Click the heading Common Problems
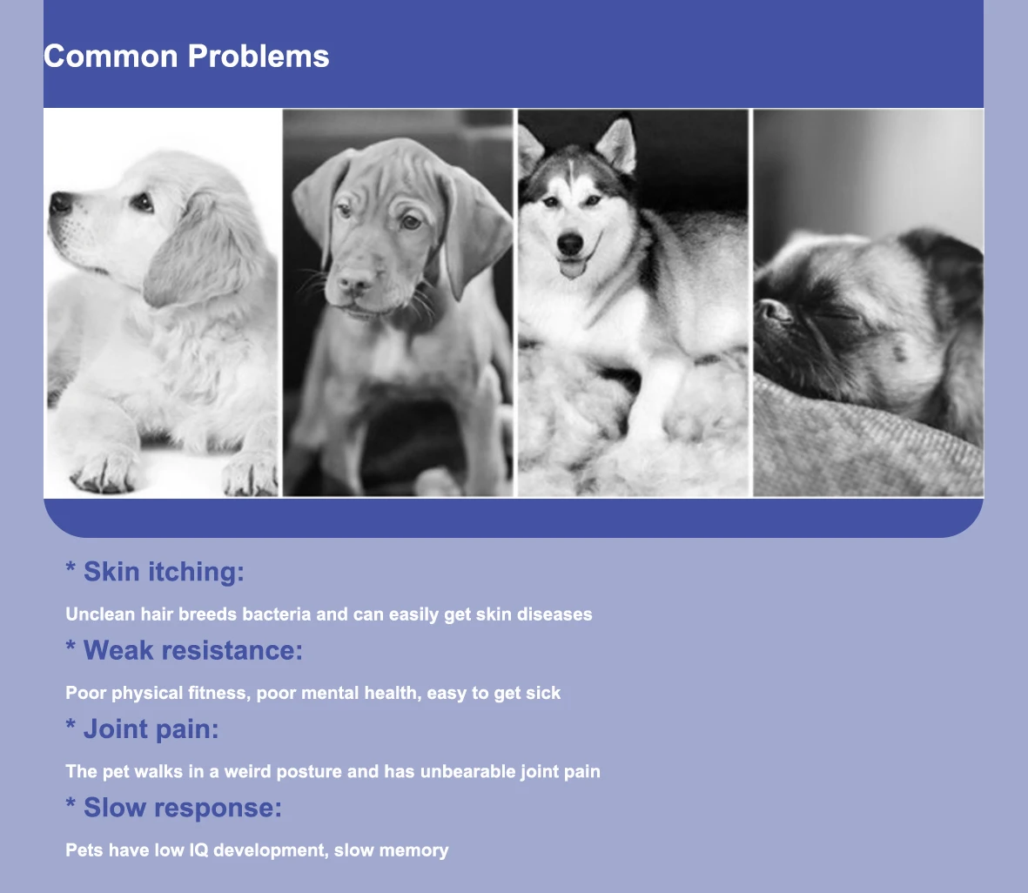pyautogui.click(x=186, y=57)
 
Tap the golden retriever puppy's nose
pyautogui.click(x=60, y=203)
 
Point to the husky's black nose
pyautogui.click(x=570, y=244)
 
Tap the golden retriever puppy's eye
pyautogui.click(x=142, y=201)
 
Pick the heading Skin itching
pyautogui.click(x=155, y=572)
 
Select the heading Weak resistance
pyautogui.click(x=185, y=650)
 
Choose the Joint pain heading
pyautogui.click(x=142, y=729)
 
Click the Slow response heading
pyautogui.click(x=174, y=808)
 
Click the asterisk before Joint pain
pyautogui.click(x=71, y=724)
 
